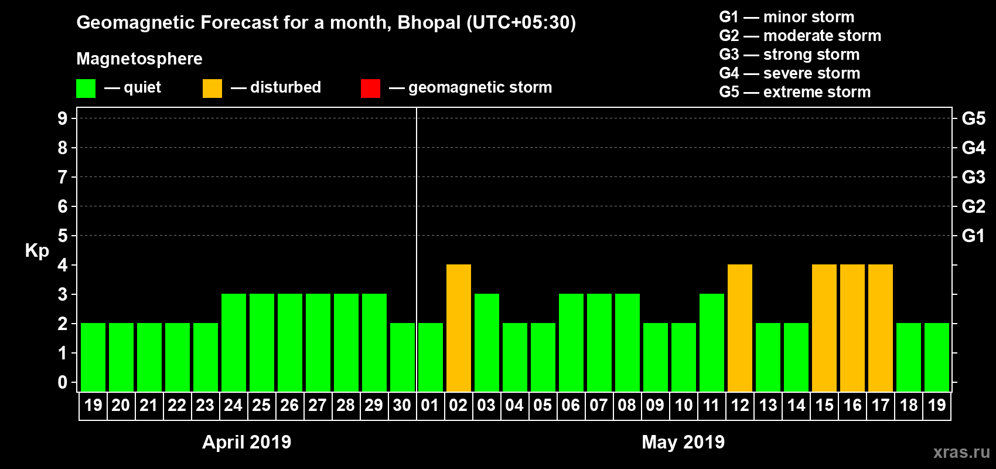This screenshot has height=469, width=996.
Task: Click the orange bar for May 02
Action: (x=459, y=328)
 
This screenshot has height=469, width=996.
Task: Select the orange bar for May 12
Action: (x=740, y=328)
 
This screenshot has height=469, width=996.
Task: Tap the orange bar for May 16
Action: (x=852, y=328)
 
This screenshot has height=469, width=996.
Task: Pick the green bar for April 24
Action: (x=234, y=342)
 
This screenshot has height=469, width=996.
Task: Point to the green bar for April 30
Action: (x=403, y=357)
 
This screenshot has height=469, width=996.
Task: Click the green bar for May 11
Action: (x=712, y=342)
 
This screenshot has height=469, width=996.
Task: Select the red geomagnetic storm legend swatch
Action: (x=370, y=89)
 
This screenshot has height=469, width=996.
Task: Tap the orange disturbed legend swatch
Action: (x=212, y=89)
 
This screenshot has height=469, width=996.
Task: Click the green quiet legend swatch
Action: (x=86, y=89)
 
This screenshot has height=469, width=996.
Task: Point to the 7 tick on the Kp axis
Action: (x=63, y=177)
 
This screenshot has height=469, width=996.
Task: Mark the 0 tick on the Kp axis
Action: (x=63, y=383)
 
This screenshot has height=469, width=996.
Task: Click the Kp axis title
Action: (x=37, y=251)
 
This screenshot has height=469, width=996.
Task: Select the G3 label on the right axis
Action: (x=973, y=177)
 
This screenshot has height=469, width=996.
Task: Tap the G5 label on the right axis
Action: (x=973, y=118)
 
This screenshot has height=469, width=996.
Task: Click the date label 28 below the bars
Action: (x=346, y=405)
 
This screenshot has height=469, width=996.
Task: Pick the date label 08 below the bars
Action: (x=627, y=405)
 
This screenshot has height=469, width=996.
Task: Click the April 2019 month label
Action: (x=247, y=442)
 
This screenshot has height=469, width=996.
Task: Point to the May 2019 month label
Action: (x=683, y=442)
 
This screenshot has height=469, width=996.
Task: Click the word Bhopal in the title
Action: (x=429, y=23)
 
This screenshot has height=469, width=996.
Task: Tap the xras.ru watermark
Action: (x=961, y=452)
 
